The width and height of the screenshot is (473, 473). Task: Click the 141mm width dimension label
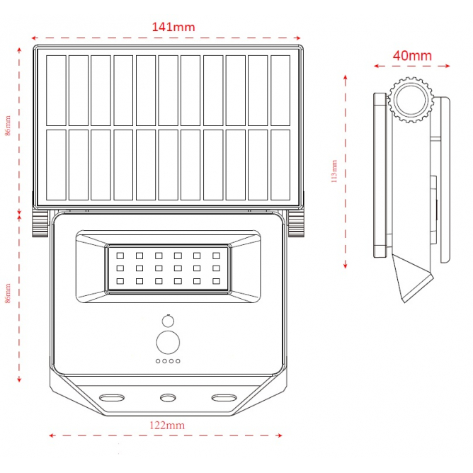tap(173, 27)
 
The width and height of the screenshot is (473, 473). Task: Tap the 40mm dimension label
tap(412, 55)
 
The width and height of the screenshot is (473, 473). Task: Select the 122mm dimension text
tap(166, 425)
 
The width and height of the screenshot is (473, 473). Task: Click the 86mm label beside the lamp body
tap(8, 294)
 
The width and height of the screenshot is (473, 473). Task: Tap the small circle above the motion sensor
tap(168, 319)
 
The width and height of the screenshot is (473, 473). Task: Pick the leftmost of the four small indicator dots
tap(158, 361)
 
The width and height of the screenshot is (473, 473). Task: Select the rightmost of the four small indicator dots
tap(178, 361)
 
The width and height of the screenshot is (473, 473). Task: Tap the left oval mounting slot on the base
tap(111, 397)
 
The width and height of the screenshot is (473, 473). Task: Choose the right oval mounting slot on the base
tap(224, 397)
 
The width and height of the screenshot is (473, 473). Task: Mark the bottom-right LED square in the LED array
tap(217, 281)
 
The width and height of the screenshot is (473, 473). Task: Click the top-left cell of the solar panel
tap(56, 89)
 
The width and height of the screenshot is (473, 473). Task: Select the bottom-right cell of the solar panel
tap(280, 164)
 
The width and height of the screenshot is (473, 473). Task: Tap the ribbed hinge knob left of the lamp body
tap(38, 224)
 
